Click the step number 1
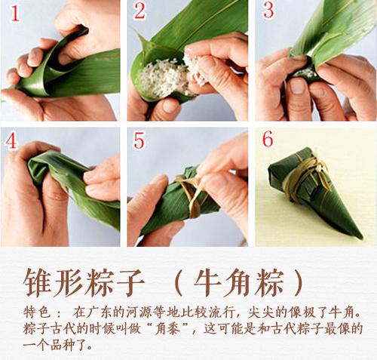point(13,13)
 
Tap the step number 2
point(139,13)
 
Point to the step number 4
point(13,140)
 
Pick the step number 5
point(139,140)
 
